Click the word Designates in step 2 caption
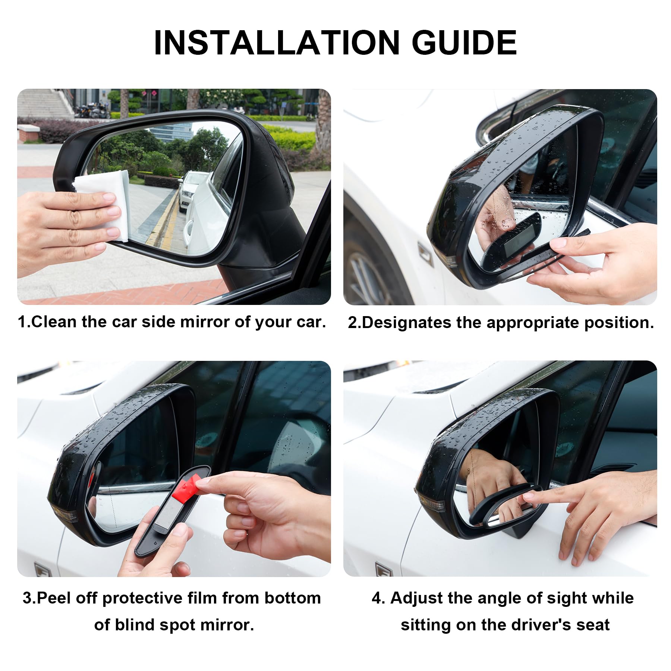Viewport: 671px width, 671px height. pyautogui.click(x=404, y=322)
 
